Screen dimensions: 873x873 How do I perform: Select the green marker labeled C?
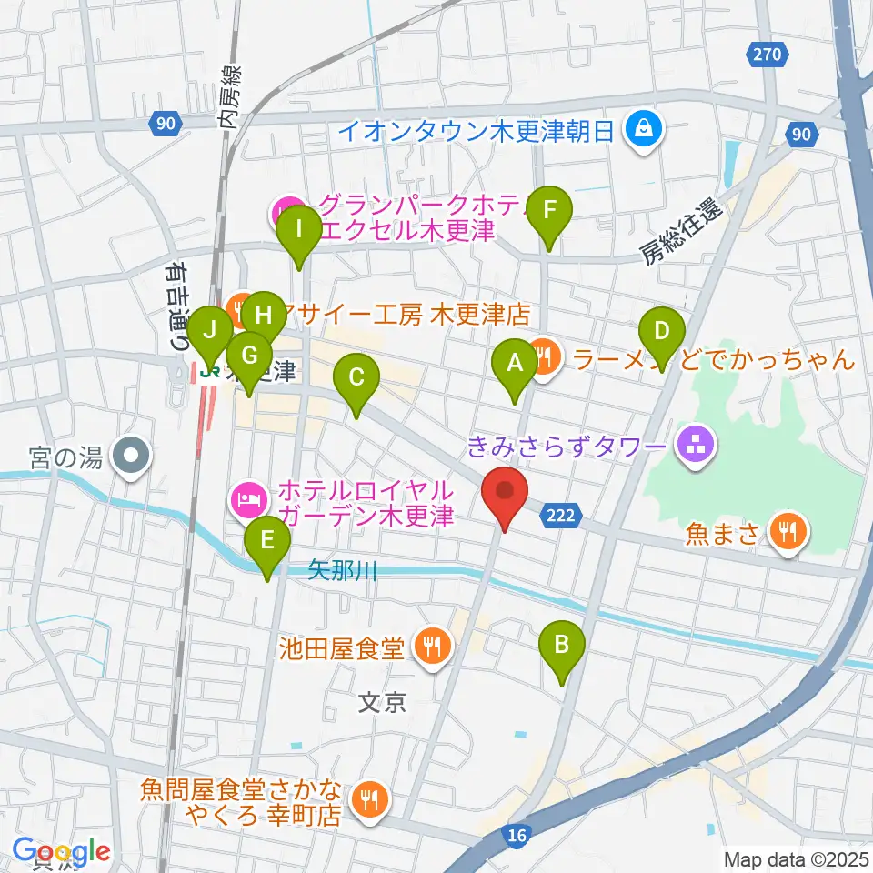point(356,376)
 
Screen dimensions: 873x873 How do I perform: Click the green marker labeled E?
point(266,541)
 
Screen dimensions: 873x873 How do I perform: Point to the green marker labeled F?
point(548,211)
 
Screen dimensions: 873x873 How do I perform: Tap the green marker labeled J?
point(210,329)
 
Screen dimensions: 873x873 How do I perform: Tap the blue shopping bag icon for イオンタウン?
point(644,130)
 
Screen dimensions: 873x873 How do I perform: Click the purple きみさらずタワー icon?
point(697,446)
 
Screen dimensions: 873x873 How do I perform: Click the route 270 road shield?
point(768,55)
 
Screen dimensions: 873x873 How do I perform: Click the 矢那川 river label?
point(341,571)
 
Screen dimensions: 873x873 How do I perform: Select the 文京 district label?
point(381,702)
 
